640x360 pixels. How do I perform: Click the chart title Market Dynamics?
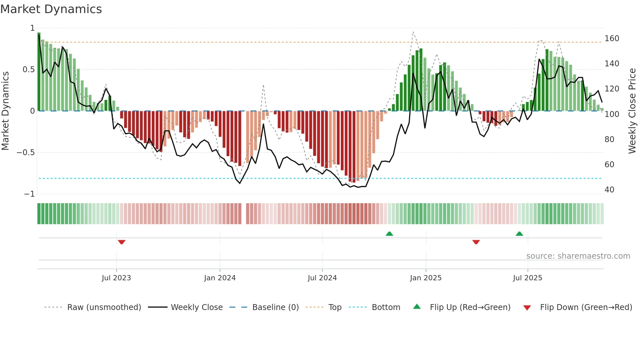[x=51, y=9]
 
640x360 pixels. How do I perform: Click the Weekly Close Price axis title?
[x=632, y=111]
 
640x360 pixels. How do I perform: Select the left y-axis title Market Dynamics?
[x=5, y=111]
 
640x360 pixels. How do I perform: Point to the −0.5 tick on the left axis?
[x=26, y=153]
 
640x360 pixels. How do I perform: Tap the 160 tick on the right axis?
[x=612, y=39]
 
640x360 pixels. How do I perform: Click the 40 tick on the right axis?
[x=609, y=190]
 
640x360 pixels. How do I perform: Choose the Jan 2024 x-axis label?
[x=220, y=278]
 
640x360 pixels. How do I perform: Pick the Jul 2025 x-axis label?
[x=527, y=278]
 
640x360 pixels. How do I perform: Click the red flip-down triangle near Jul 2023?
[x=121, y=242]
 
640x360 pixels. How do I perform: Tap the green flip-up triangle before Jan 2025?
[x=389, y=234]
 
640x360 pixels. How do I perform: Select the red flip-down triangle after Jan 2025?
[x=476, y=242]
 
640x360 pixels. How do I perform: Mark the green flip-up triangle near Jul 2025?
[x=519, y=234]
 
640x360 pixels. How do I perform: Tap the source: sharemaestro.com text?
[x=578, y=256]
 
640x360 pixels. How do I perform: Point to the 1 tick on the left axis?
[x=32, y=28]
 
